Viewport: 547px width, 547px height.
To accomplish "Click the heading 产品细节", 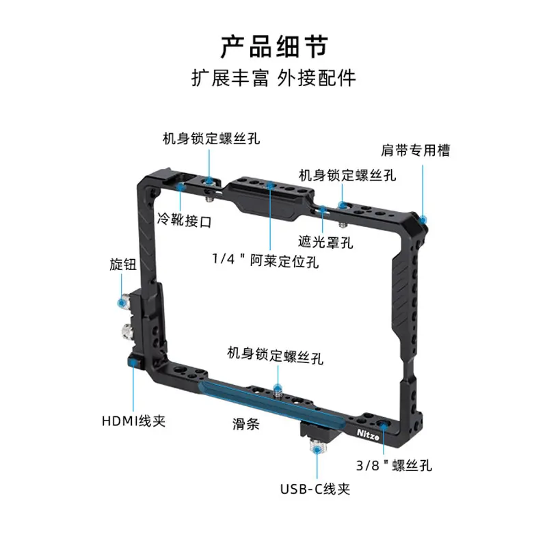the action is point(274,46).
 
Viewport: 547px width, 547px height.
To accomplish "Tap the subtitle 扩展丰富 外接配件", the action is point(273,78).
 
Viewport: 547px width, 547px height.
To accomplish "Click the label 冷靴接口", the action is point(184,220).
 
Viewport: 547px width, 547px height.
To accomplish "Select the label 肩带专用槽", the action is point(415,150).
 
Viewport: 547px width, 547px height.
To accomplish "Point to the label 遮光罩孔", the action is point(325,242).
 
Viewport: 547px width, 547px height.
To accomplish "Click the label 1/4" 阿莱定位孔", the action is point(265,261).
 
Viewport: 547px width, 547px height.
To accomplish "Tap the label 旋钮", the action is point(123,265).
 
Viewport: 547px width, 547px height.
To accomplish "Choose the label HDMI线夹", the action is point(133,421).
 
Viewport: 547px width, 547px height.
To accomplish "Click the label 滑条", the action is point(246,424).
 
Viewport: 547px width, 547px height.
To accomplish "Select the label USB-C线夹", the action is point(315,489).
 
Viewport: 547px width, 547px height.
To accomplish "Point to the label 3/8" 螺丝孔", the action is point(394,466).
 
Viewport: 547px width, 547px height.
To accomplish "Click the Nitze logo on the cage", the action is point(368,435).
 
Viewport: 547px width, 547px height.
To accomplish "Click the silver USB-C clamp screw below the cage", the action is point(317,447).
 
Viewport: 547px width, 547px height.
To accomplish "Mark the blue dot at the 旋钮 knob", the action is point(122,302).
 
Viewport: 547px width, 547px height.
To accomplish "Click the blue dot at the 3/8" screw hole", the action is point(384,425).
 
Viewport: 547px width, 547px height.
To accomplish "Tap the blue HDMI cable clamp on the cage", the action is point(133,363).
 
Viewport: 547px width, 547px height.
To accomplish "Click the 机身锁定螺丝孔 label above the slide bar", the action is point(275,355).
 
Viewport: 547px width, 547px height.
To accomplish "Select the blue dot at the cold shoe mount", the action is point(181,187).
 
